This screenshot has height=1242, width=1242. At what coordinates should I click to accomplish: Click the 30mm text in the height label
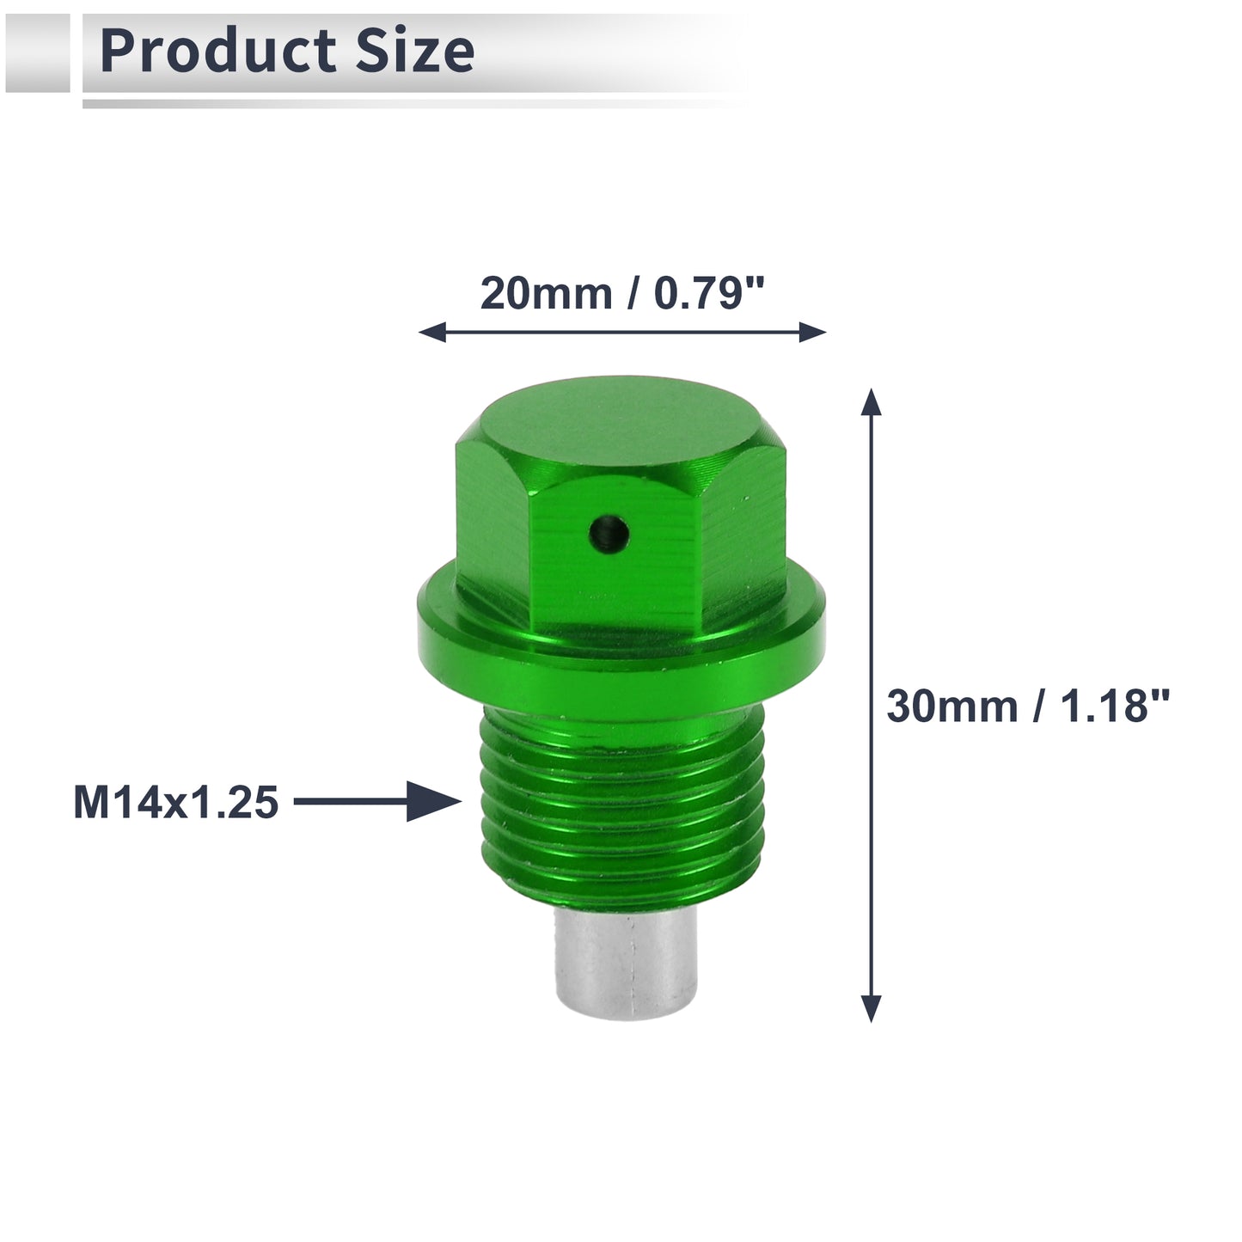click(952, 706)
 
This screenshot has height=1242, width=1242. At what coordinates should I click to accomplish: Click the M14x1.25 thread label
click(176, 803)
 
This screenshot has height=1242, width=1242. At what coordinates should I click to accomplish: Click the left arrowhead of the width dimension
click(432, 332)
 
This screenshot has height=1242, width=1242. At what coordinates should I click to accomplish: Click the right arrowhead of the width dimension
click(813, 332)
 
